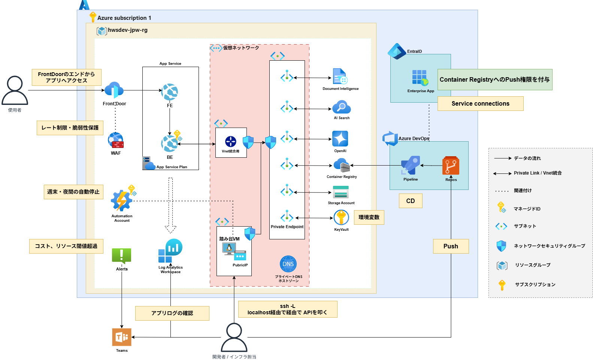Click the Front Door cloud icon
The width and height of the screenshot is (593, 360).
click(114, 91)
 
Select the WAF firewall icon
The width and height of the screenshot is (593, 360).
click(116, 140)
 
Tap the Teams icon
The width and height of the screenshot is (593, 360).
click(122, 337)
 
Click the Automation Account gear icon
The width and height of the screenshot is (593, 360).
click(122, 201)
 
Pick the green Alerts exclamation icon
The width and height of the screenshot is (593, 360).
click(121, 256)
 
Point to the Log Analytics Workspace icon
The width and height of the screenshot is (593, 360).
click(170, 251)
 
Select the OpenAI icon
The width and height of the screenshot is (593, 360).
click(340, 139)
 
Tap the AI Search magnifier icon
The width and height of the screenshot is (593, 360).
click(341, 107)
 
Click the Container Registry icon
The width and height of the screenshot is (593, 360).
click(341, 165)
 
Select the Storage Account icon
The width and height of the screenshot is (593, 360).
click(341, 192)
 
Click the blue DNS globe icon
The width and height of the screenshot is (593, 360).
click(288, 264)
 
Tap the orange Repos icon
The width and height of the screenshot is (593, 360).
click(451, 166)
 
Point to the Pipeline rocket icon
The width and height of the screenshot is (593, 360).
click(411, 165)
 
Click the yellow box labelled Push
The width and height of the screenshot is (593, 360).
click(451, 246)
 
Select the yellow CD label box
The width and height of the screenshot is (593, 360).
click(411, 201)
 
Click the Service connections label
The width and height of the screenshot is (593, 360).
click(480, 104)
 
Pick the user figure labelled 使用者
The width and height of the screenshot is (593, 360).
click(15, 91)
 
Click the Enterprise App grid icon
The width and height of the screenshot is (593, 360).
click(420, 78)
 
